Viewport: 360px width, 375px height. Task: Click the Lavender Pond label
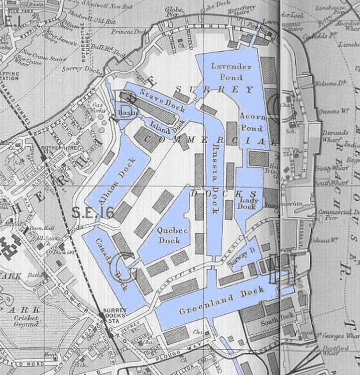point(227,72)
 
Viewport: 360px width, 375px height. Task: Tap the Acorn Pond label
point(251,121)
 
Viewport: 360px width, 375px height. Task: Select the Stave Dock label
point(159,97)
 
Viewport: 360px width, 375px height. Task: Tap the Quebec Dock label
point(169,235)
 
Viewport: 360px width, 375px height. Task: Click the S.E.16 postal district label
point(93,213)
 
